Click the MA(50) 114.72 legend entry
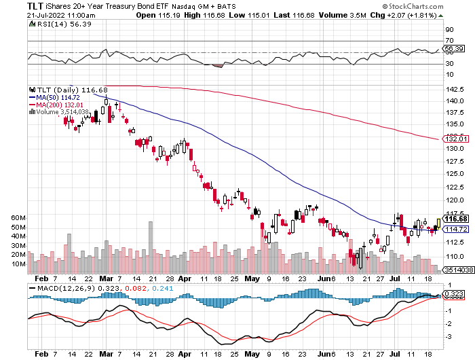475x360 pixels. [58, 97]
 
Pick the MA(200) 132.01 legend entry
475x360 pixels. [60, 105]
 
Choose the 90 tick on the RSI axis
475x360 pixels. [449, 31]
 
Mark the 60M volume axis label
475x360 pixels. [19, 217]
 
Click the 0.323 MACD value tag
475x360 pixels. [453, 294]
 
